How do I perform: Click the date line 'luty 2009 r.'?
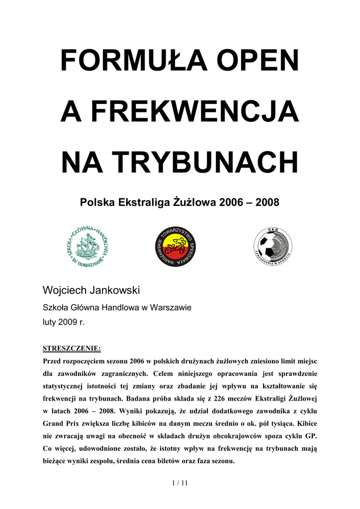pyautogui.click(x=64, y=322)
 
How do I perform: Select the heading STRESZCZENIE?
pyautogui.click(x=72, y=348)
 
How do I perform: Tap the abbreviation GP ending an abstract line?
pyautogui.click(x=310, y=436)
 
